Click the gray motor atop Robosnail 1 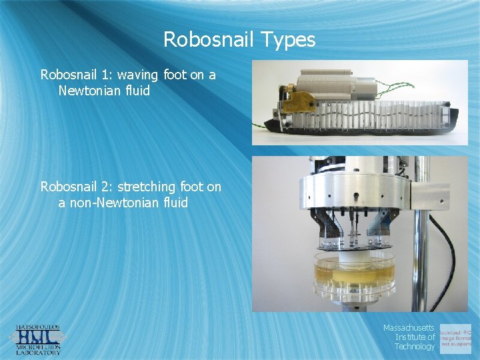[333, 84]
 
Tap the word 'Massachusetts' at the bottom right [409, 328]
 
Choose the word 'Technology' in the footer [414, 346]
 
